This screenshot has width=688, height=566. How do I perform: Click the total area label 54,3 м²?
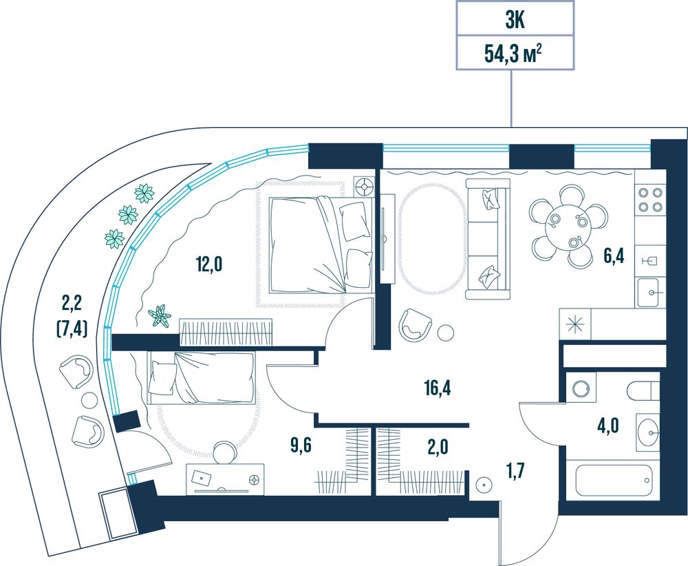(513, 54)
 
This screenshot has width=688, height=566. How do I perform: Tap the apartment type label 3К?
(515, 21)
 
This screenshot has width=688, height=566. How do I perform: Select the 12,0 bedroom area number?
(209, 264)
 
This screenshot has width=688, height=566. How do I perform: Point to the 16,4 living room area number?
(438, 388)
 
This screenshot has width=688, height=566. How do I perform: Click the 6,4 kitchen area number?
(614, 255)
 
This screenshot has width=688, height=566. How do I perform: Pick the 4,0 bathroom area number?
(608, 426)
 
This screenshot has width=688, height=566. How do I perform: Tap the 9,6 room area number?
(301, 446)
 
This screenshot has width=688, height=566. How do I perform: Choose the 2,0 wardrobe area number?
(438, 447)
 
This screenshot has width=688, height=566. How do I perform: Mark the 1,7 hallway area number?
(515, 474)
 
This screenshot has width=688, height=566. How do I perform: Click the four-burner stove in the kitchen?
(650, 200)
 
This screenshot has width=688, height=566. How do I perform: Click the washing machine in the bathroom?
(581, 387)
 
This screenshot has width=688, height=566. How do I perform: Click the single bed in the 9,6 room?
(202, 377)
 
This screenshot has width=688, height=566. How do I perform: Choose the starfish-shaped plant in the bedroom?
(160, 315)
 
